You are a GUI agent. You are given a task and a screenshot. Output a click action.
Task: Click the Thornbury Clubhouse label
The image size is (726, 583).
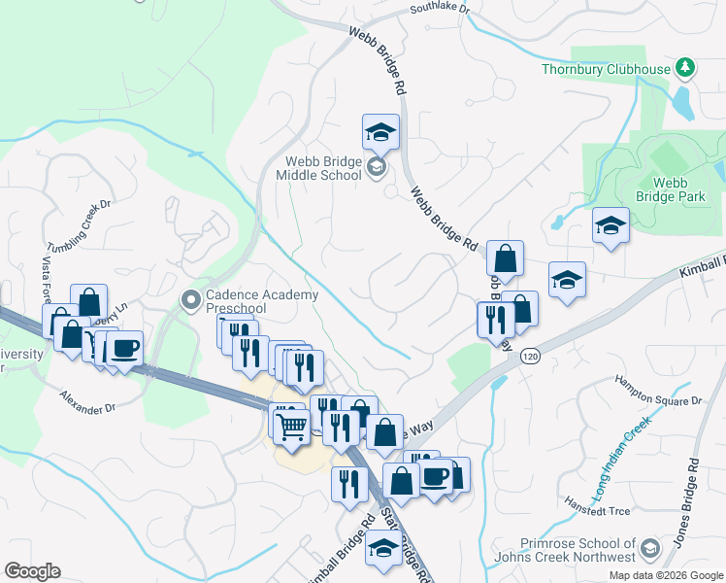coord(606,69)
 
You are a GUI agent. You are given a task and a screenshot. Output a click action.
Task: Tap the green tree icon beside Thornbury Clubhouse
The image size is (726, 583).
coord(686,67)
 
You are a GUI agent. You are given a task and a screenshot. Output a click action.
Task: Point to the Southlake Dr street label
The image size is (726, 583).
coord(439,9)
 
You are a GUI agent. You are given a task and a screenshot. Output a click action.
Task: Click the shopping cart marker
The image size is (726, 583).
coord(291,425)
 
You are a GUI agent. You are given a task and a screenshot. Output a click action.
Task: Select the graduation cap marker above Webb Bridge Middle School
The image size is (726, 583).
coord(381,132)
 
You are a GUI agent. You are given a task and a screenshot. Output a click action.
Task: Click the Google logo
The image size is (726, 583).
coord(32,571)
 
